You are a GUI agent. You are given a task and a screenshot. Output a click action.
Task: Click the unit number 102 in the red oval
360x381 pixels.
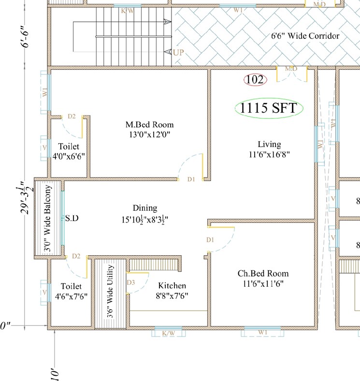(x=255, y=80)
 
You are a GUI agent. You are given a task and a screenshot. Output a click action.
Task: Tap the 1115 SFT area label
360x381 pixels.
(x=269, y=108)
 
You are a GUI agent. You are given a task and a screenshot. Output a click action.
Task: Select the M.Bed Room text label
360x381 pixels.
(x=149, y=125)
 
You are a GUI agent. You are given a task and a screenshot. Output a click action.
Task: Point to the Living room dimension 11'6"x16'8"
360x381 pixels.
(x=268, y=154)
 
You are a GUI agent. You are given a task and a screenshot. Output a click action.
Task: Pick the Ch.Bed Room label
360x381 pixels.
(x=263, y=274)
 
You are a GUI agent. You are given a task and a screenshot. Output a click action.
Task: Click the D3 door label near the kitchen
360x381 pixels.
(x=130, y=282)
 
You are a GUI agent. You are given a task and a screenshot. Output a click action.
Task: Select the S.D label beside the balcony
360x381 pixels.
(x=72, y=219)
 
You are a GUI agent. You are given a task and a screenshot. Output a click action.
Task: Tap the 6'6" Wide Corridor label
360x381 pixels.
(x=304, y=36)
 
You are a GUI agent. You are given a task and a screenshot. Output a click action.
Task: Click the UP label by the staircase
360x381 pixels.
(x=178, y=52)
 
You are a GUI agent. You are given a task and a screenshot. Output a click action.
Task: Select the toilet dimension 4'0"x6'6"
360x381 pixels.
(x=68, y=156)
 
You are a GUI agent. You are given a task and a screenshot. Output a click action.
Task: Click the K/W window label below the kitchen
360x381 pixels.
(x=168, y=333)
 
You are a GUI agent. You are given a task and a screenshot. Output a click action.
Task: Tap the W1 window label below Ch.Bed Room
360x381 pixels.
(x=262, y=332)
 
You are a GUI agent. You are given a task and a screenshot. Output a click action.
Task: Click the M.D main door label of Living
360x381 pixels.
(x=291, y=69)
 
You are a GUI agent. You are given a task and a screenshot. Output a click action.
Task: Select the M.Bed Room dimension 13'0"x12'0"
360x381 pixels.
(x=149, y=134)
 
